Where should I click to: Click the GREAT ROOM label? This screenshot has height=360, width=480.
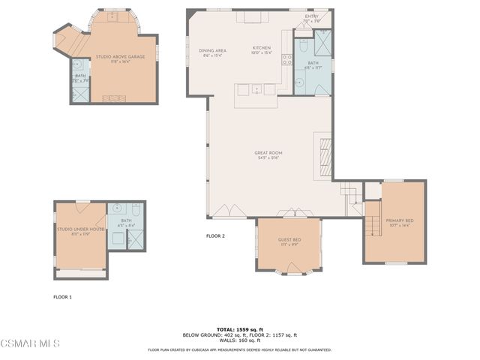click(267, 153)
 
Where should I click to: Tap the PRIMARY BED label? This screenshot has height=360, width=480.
click(394, 220)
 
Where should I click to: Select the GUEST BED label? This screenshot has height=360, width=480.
click(289, 239)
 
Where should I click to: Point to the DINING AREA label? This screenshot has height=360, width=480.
click(212, 51)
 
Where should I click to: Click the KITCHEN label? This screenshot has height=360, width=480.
click(261, 49)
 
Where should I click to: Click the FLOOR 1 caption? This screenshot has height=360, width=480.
click(62, 297)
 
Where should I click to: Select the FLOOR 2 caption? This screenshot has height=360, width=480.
click(215, 236)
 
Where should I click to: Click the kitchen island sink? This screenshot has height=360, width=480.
click(256, 89)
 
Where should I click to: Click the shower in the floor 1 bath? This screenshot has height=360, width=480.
click(136, 239)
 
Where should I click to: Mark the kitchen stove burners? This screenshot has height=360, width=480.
click(247, 16)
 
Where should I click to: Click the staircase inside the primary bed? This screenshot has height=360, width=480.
click(372, 222)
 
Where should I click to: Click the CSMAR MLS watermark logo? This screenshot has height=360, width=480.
click(29, 343)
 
